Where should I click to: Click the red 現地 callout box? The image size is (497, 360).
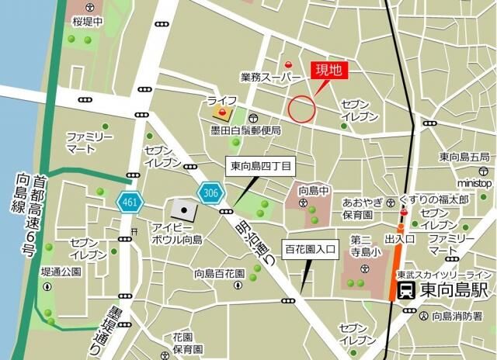326,70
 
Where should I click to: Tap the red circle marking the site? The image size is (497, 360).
302,108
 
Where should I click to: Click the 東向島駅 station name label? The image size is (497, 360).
454,291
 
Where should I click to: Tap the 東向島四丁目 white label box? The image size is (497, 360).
260,165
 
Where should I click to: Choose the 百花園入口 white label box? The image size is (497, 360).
308,250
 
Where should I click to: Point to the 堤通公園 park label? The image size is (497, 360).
61,272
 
